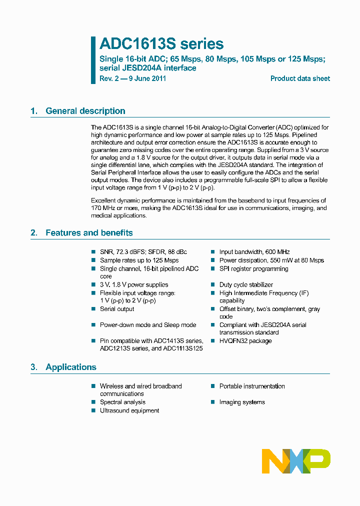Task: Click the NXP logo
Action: tap(296, 461)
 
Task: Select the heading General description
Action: tap(85, 111)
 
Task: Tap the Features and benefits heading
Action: tap(89, 232)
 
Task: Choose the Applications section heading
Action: tap(70, 367)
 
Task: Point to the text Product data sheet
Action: tap(300, 78)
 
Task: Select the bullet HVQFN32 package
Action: tap(245, 341)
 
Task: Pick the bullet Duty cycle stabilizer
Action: tap(246, 285)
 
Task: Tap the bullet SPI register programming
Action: tap(253, 268)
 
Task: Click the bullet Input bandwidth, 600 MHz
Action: tap(254, 252)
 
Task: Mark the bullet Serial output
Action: tap(117, 309)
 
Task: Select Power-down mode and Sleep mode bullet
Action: tap(148, 325)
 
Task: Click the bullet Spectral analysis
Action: tap(122, 402)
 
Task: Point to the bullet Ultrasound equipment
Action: tap(129, 410)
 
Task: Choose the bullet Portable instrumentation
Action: tap(252, 386)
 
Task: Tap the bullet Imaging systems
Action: tap(242, 402)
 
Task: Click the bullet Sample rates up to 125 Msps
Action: tap(139, 260)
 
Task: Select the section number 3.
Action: tap(33, 367)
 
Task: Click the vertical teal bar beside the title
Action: tap(93, 60)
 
